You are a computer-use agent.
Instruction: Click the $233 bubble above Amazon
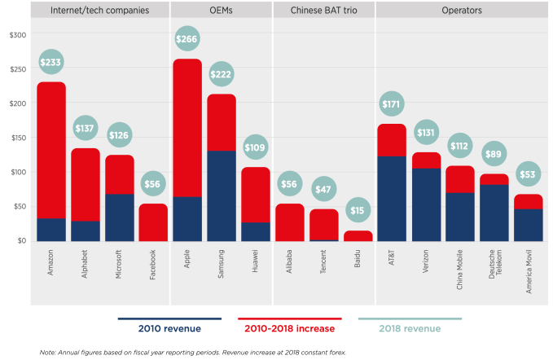point(51,63)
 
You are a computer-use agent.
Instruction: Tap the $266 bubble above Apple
point(187,39)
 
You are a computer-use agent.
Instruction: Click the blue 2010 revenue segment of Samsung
point(222,195)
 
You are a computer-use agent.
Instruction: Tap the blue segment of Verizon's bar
point(425,204)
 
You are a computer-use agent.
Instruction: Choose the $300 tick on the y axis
point(17,35)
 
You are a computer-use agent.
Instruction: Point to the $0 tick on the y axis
point(20,241)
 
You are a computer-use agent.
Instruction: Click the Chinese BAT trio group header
point(323,11)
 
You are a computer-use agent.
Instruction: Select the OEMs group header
point(221,11)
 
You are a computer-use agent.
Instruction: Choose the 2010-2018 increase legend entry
point(289,328)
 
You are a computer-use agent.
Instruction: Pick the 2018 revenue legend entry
point(410,328)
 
